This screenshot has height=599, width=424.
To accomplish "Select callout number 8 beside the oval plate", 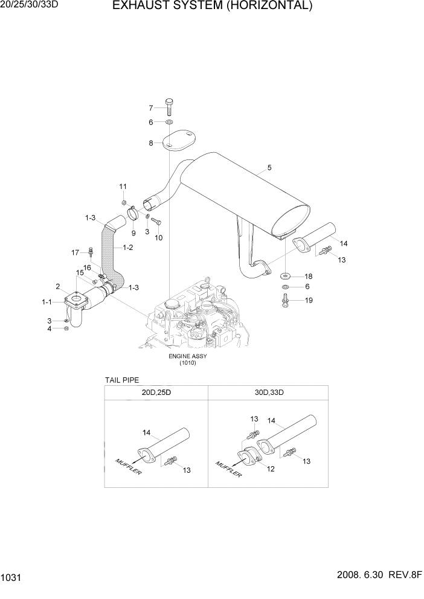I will (152, 143).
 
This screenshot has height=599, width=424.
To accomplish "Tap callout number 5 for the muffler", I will (269, 167).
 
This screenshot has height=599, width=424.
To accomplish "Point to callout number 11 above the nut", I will (123, 186).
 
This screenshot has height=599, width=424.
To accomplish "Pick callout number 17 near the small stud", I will (75, 252).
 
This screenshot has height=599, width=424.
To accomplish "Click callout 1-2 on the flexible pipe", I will (127, 247).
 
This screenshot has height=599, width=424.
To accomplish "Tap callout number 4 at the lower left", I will (57, 328).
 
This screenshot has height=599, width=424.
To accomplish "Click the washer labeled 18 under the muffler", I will (284, 276).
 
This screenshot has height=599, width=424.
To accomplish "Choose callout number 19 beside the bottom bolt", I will (309, 300).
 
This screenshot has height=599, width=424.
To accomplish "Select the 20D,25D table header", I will (156, 392).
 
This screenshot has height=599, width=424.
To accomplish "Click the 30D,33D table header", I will (268, 392).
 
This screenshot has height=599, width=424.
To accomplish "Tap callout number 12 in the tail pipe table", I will (271, 469).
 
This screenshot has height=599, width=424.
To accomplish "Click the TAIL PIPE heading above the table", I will (122, 380).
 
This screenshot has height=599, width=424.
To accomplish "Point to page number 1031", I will (12, 578).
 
